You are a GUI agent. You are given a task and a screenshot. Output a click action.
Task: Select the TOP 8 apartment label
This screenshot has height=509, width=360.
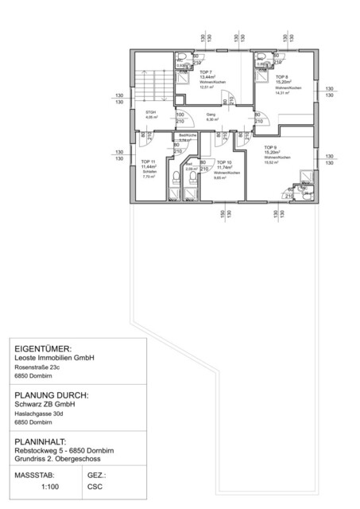282,76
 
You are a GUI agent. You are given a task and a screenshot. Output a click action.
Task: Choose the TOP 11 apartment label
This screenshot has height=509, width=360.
149,161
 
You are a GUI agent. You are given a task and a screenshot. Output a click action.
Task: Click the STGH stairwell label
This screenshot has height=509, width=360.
149,113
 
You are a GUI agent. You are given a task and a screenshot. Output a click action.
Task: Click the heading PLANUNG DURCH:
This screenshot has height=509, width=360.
52,394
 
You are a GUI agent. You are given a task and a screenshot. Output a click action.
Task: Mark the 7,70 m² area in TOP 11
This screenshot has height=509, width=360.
148,177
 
